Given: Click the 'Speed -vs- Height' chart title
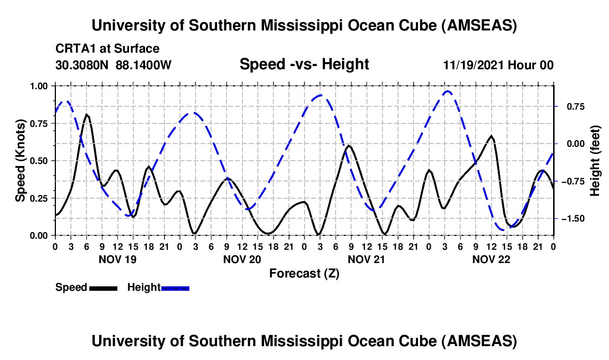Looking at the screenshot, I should point(304,64).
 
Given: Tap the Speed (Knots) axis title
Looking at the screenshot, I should point(20,160).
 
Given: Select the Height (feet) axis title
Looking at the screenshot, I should point(595,160).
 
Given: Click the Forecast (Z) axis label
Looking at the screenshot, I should point(304,273).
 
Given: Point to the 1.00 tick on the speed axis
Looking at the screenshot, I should point(38,86).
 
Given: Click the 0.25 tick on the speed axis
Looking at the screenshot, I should point(38,198).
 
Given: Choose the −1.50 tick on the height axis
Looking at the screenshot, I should point(570,219).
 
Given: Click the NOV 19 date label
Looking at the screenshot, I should point(117,259).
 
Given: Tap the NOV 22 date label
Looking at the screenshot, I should point(491,259).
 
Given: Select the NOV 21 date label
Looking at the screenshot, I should point(366,259).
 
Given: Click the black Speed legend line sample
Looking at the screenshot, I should point(103,287).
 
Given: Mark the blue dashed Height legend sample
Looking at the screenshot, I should point(175,287).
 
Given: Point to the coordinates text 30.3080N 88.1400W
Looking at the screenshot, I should point(113,65).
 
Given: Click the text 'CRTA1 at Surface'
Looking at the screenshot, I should point(107,49).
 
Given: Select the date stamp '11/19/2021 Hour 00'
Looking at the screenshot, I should point(498,65).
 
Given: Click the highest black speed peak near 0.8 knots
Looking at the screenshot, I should point(87,115).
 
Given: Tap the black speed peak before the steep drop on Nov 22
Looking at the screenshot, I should point(491,136).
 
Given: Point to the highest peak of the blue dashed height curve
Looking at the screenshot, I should point(447,91).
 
